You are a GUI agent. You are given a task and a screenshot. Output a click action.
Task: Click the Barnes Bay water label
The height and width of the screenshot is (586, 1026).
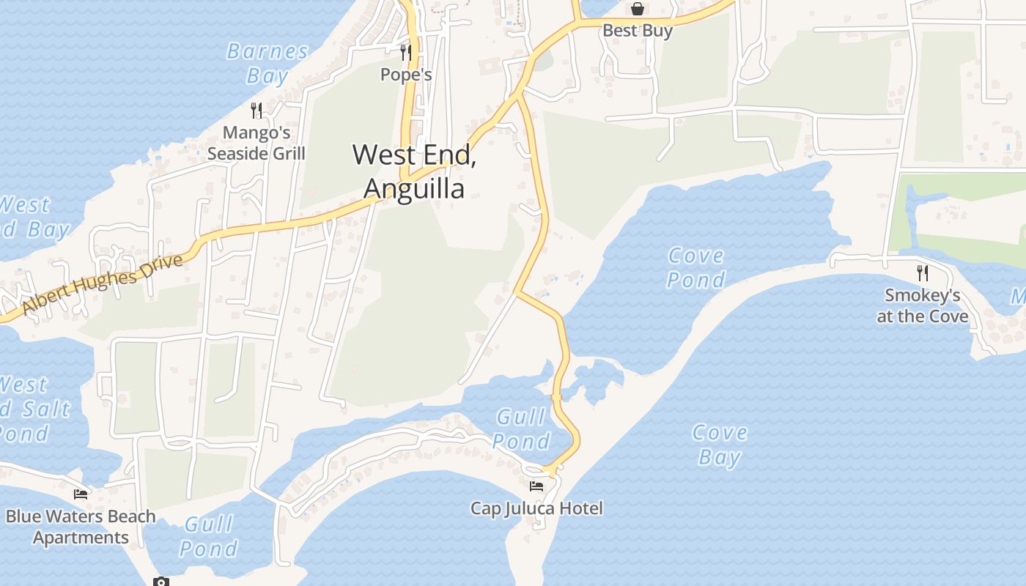(267, 63)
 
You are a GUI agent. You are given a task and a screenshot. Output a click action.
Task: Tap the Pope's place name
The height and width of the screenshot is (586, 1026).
(406, 75)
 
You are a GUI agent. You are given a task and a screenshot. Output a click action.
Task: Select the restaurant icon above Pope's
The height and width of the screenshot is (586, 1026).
(406, 52)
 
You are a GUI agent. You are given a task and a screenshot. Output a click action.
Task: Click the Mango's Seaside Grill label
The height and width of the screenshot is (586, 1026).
(256, 144)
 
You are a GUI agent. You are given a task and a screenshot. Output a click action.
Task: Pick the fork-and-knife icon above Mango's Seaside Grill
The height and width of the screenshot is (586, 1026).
(256, 111)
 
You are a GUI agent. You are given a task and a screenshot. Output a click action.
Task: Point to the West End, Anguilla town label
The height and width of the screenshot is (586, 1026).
(415, 171)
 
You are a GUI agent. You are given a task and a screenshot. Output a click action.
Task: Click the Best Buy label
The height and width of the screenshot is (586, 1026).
(638, 31)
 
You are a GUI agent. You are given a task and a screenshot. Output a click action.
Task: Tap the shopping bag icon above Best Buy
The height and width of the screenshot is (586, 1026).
(638, 9)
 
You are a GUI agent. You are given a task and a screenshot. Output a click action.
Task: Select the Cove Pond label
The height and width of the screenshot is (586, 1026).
(696, 267)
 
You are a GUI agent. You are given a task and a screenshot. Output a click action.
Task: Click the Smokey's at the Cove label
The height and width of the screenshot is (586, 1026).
(923, 306)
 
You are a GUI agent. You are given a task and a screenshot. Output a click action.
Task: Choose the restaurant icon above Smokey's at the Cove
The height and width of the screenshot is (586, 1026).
(923, 273)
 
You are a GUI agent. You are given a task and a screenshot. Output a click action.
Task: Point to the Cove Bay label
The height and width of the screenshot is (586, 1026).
(720, 445)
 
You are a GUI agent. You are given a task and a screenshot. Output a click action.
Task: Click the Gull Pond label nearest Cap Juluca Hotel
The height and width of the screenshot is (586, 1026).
(521, 429)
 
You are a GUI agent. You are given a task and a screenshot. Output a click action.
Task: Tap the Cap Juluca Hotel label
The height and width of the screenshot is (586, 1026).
(536, 508)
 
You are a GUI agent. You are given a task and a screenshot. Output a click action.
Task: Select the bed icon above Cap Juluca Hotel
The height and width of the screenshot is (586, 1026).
(536, 486)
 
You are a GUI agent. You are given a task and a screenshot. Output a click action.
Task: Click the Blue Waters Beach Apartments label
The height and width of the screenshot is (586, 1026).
(81, 527)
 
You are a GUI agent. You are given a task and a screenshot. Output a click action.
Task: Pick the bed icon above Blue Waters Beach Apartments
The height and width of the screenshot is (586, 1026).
(81, 494)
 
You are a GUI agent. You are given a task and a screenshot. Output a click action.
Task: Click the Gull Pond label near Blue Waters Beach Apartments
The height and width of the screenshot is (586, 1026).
(209, 535)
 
